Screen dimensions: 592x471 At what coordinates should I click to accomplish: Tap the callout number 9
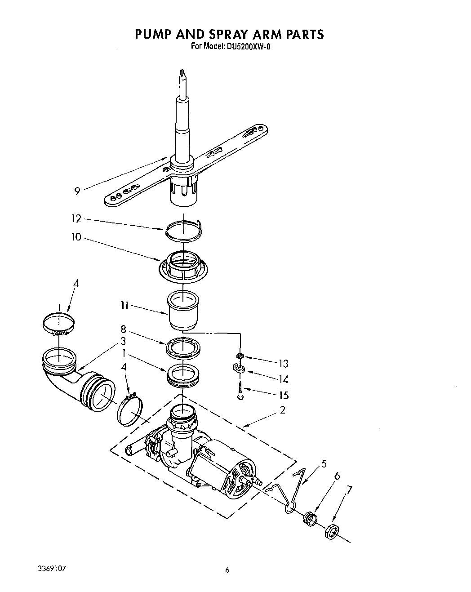[78, 191]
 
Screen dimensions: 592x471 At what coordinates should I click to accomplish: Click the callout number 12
[76, 219]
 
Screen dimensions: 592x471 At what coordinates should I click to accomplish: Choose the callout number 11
[124, 306]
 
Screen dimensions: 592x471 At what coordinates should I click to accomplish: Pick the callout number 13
[283, 363]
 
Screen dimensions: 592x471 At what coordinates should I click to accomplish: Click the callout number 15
[283, 396]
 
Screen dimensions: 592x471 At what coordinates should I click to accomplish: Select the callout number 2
[282, 410]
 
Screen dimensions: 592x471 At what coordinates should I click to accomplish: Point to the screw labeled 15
[240, 390]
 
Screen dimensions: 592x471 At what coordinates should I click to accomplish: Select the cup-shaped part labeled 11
[184, 310]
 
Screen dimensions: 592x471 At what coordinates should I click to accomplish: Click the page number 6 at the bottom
[227, 570]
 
